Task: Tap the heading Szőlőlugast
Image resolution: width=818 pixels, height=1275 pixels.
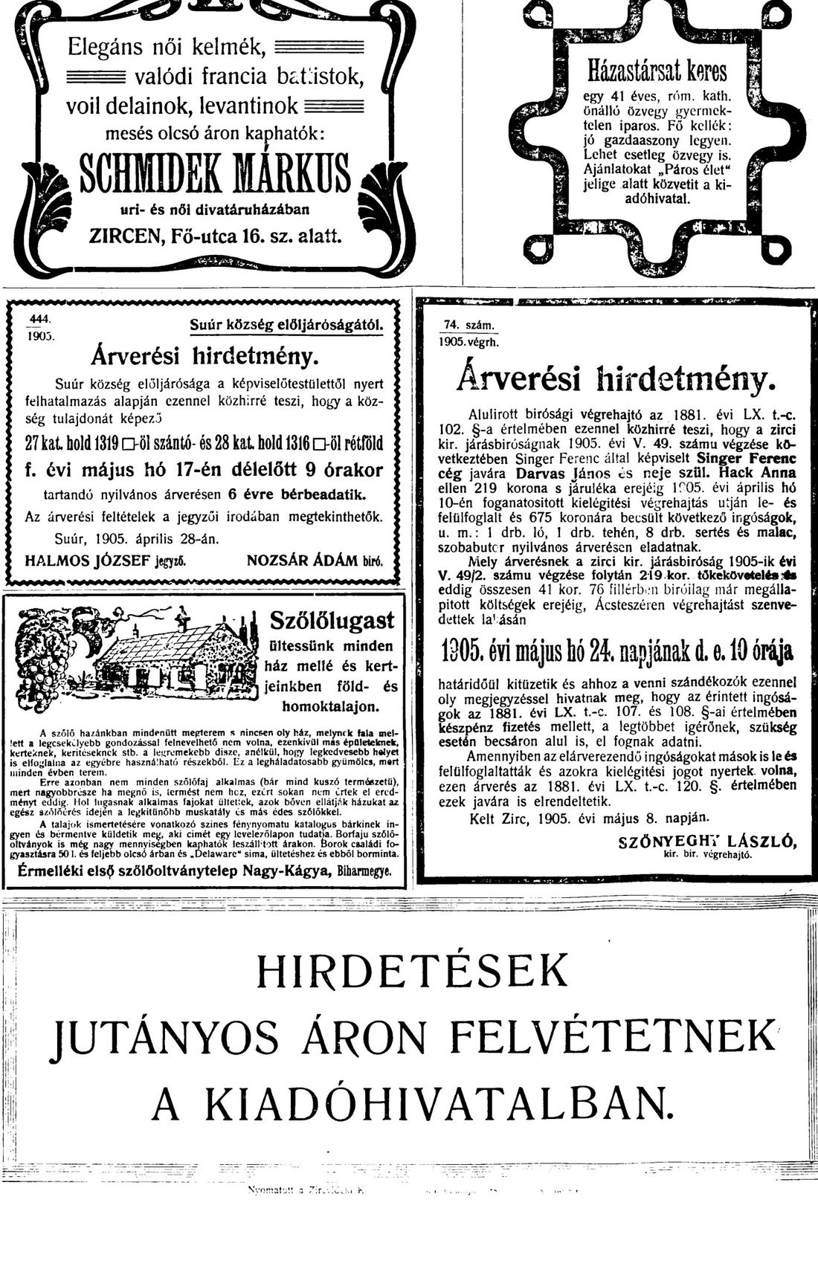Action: coord(332,620)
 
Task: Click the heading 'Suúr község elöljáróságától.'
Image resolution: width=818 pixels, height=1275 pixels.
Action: coord(287,324)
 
